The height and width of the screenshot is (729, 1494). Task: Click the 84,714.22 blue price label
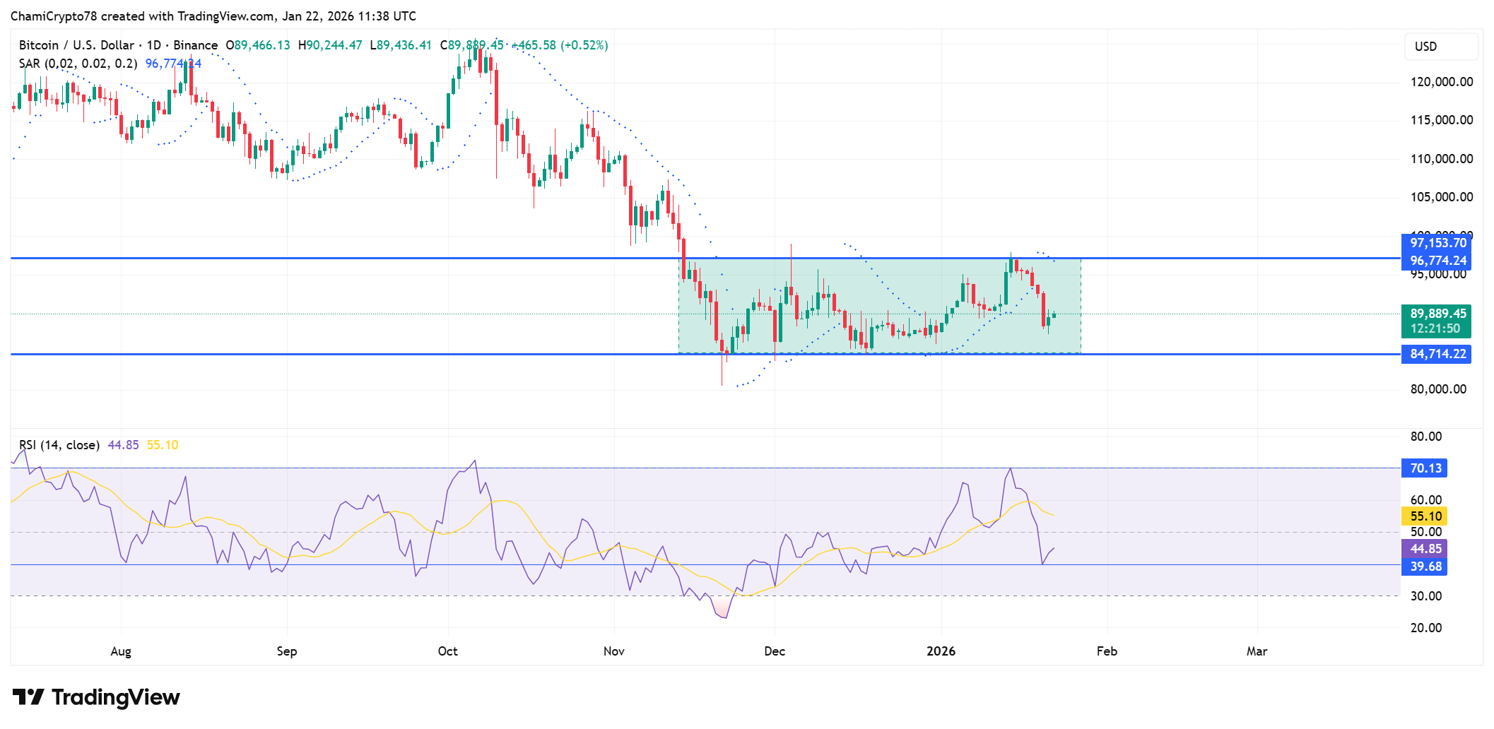tap(1437, 354)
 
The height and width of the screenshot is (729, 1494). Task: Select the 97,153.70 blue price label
tap(1437, 243)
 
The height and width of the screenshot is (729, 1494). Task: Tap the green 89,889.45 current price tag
tap(1437, 314)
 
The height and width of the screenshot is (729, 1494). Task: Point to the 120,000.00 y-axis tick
tap(1441, 82)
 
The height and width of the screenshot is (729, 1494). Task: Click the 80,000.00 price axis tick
tap(1437, 389)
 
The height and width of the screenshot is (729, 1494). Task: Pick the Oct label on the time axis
tap(447, 651)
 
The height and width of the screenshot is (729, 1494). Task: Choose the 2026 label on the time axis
tap(941, 651)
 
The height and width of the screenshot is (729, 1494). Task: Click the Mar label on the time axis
tap(1256, 651)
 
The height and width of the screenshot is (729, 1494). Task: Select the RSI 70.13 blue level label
tap(1425, 468)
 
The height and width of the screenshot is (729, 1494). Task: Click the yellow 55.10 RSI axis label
tap(1425, 516)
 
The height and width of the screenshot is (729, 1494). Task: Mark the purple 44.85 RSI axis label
tap(1425, 549)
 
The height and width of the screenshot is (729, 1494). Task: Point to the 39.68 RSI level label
tap(1425, 567)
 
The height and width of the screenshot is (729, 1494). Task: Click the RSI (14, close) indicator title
tap(59, 445)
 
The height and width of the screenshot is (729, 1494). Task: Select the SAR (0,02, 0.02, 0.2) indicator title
tap(78, 64)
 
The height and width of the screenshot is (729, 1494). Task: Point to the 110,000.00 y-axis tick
tap(1441, 159)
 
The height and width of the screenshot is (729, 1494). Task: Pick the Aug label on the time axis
tap(121, 651)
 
